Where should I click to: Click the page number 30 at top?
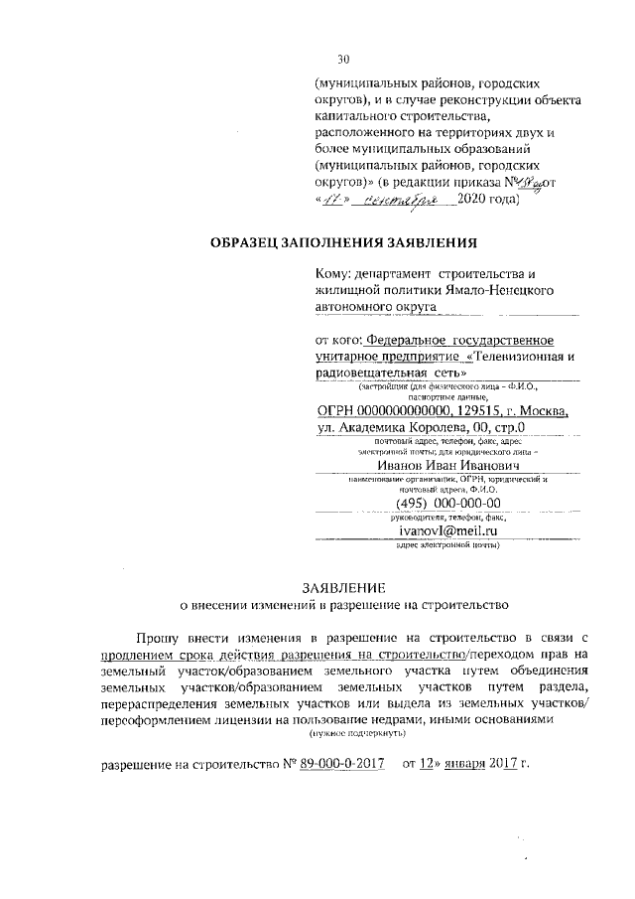coord(343,60)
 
